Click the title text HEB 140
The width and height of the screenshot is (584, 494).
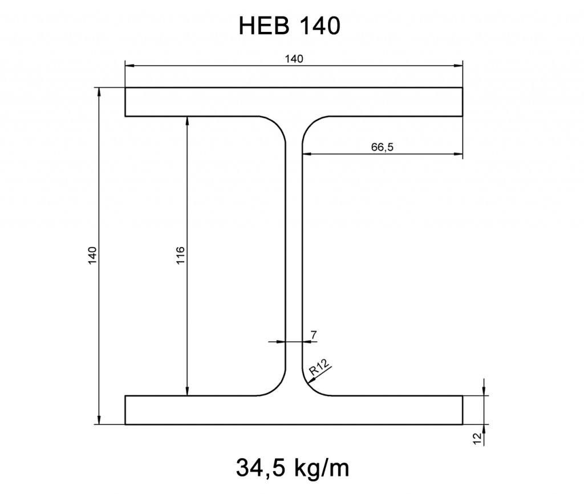pos(289,25)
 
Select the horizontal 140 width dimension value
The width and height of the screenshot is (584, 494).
pos(294,58)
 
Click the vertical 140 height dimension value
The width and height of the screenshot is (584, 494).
pos(92,256)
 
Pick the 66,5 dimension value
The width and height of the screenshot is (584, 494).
pos(382,147)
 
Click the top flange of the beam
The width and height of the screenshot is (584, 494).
pos(294,102)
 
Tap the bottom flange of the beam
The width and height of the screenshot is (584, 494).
pos(294,410)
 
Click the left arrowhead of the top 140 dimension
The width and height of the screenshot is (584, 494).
pos(129,66)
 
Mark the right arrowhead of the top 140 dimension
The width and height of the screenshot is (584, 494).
pos(458,66)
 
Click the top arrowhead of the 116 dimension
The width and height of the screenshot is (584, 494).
pos(188,120)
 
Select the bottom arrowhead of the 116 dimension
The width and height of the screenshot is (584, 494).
pos(188,391)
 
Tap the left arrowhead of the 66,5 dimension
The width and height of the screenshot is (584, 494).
pos(306,154)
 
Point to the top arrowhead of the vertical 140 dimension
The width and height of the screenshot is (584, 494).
pos(100,92)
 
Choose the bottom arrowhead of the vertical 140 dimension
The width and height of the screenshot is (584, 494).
pos(100,421)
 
